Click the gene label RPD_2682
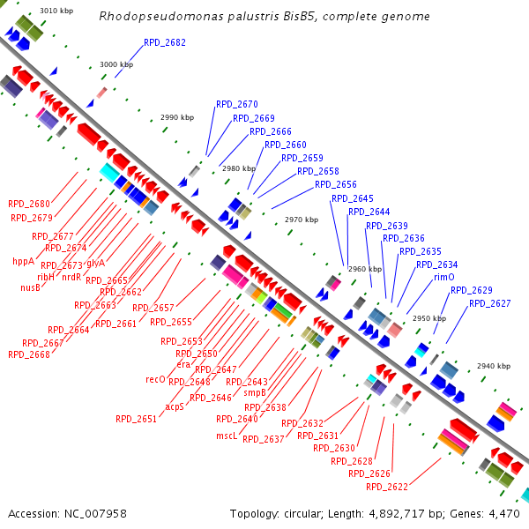point(165,42)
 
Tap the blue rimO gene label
point(444,277)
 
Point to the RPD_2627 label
point(489,303)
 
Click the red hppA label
point(23,261)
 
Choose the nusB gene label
point(30,287)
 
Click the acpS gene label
point(174,406)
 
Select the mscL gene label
point(227,436)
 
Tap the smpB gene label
point(255,392)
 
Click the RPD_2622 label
point(387,486)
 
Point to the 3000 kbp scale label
point(115,64)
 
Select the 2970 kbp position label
point(301,220)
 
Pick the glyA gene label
point(95,263)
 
